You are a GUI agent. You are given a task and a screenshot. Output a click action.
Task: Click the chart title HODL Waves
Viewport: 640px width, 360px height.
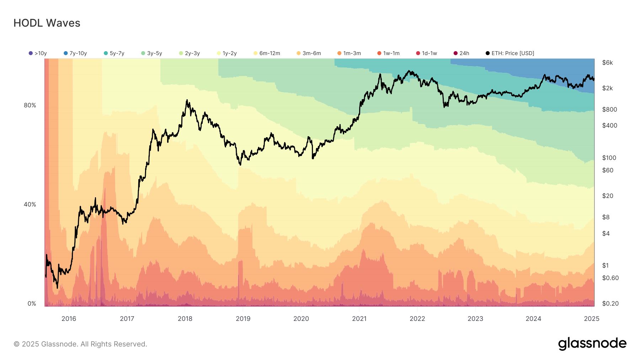[47, 23]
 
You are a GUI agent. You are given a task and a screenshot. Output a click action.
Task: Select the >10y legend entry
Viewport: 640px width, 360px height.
[38, 53]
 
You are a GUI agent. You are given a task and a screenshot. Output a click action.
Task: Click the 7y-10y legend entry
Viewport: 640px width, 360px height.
[75, 53]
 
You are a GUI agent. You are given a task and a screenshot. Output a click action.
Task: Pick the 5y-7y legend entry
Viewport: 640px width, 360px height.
[114, 53]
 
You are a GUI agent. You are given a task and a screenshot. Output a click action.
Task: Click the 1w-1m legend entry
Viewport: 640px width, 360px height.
[389, 53]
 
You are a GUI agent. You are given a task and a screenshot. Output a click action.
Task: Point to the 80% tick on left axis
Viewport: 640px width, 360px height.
[30, 105]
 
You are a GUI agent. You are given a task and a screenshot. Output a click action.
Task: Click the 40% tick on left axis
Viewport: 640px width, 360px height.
[30, 204]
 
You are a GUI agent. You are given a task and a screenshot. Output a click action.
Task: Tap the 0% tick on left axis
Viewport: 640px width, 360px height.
[32, 303]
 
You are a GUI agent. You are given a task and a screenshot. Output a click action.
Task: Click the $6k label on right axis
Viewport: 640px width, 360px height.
[607, 63]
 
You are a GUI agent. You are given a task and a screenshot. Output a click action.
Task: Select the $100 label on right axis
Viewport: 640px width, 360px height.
[609, 158]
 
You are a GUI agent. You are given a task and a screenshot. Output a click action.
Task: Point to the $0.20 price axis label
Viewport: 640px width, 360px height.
[610, 303]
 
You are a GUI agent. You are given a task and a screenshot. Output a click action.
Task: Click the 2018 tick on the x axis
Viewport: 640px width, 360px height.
[185, 318]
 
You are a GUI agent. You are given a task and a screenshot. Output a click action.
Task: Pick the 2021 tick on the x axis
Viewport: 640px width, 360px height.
[359, 318]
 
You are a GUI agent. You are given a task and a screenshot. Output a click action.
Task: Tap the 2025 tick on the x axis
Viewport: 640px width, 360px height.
[591, 318]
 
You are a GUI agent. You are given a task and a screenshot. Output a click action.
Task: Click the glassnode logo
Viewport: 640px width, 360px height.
[592, 344]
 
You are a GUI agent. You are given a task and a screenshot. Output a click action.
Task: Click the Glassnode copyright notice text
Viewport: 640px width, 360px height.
[80, 344]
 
